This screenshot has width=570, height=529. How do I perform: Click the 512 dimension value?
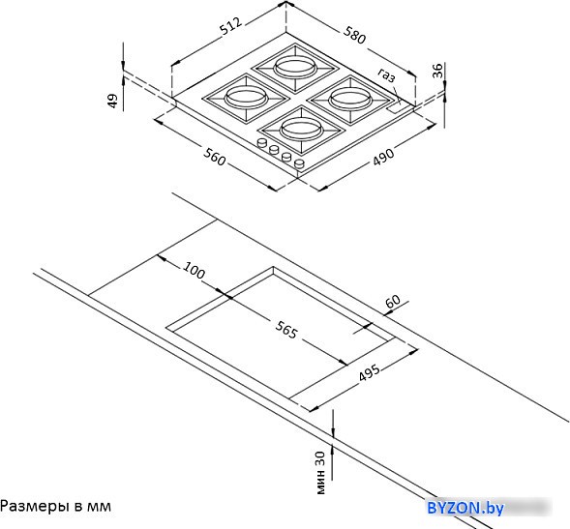(x=231, y=26)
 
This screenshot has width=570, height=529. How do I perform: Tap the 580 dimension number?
(x=354, y=35)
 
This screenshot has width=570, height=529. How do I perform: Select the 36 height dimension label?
(x=438, y=71)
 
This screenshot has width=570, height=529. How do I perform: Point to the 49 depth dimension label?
(x=113, y=101)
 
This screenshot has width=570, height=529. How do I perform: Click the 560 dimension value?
(x=214, y=157)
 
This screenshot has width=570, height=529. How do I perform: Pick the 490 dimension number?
(x=383, y=157)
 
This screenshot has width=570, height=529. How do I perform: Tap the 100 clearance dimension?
(x=194, y=271)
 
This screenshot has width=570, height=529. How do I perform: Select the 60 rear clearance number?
(x=393, y=302)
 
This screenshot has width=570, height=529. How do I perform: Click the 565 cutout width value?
(x=286, y=330)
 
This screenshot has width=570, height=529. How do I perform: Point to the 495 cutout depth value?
(x=370, y=372)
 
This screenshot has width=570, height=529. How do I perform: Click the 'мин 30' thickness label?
(x=320, y=473)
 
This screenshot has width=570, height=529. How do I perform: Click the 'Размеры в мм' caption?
(x=55, y=506)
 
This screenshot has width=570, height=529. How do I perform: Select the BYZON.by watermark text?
(x=465, y=508)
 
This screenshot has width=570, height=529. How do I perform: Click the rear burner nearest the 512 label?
(x=295, y=68)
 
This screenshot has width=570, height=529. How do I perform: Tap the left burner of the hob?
(x=246, y=98)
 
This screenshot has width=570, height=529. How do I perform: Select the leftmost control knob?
(x=261, y=143)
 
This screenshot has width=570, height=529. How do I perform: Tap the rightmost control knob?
(x=300, y=164)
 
